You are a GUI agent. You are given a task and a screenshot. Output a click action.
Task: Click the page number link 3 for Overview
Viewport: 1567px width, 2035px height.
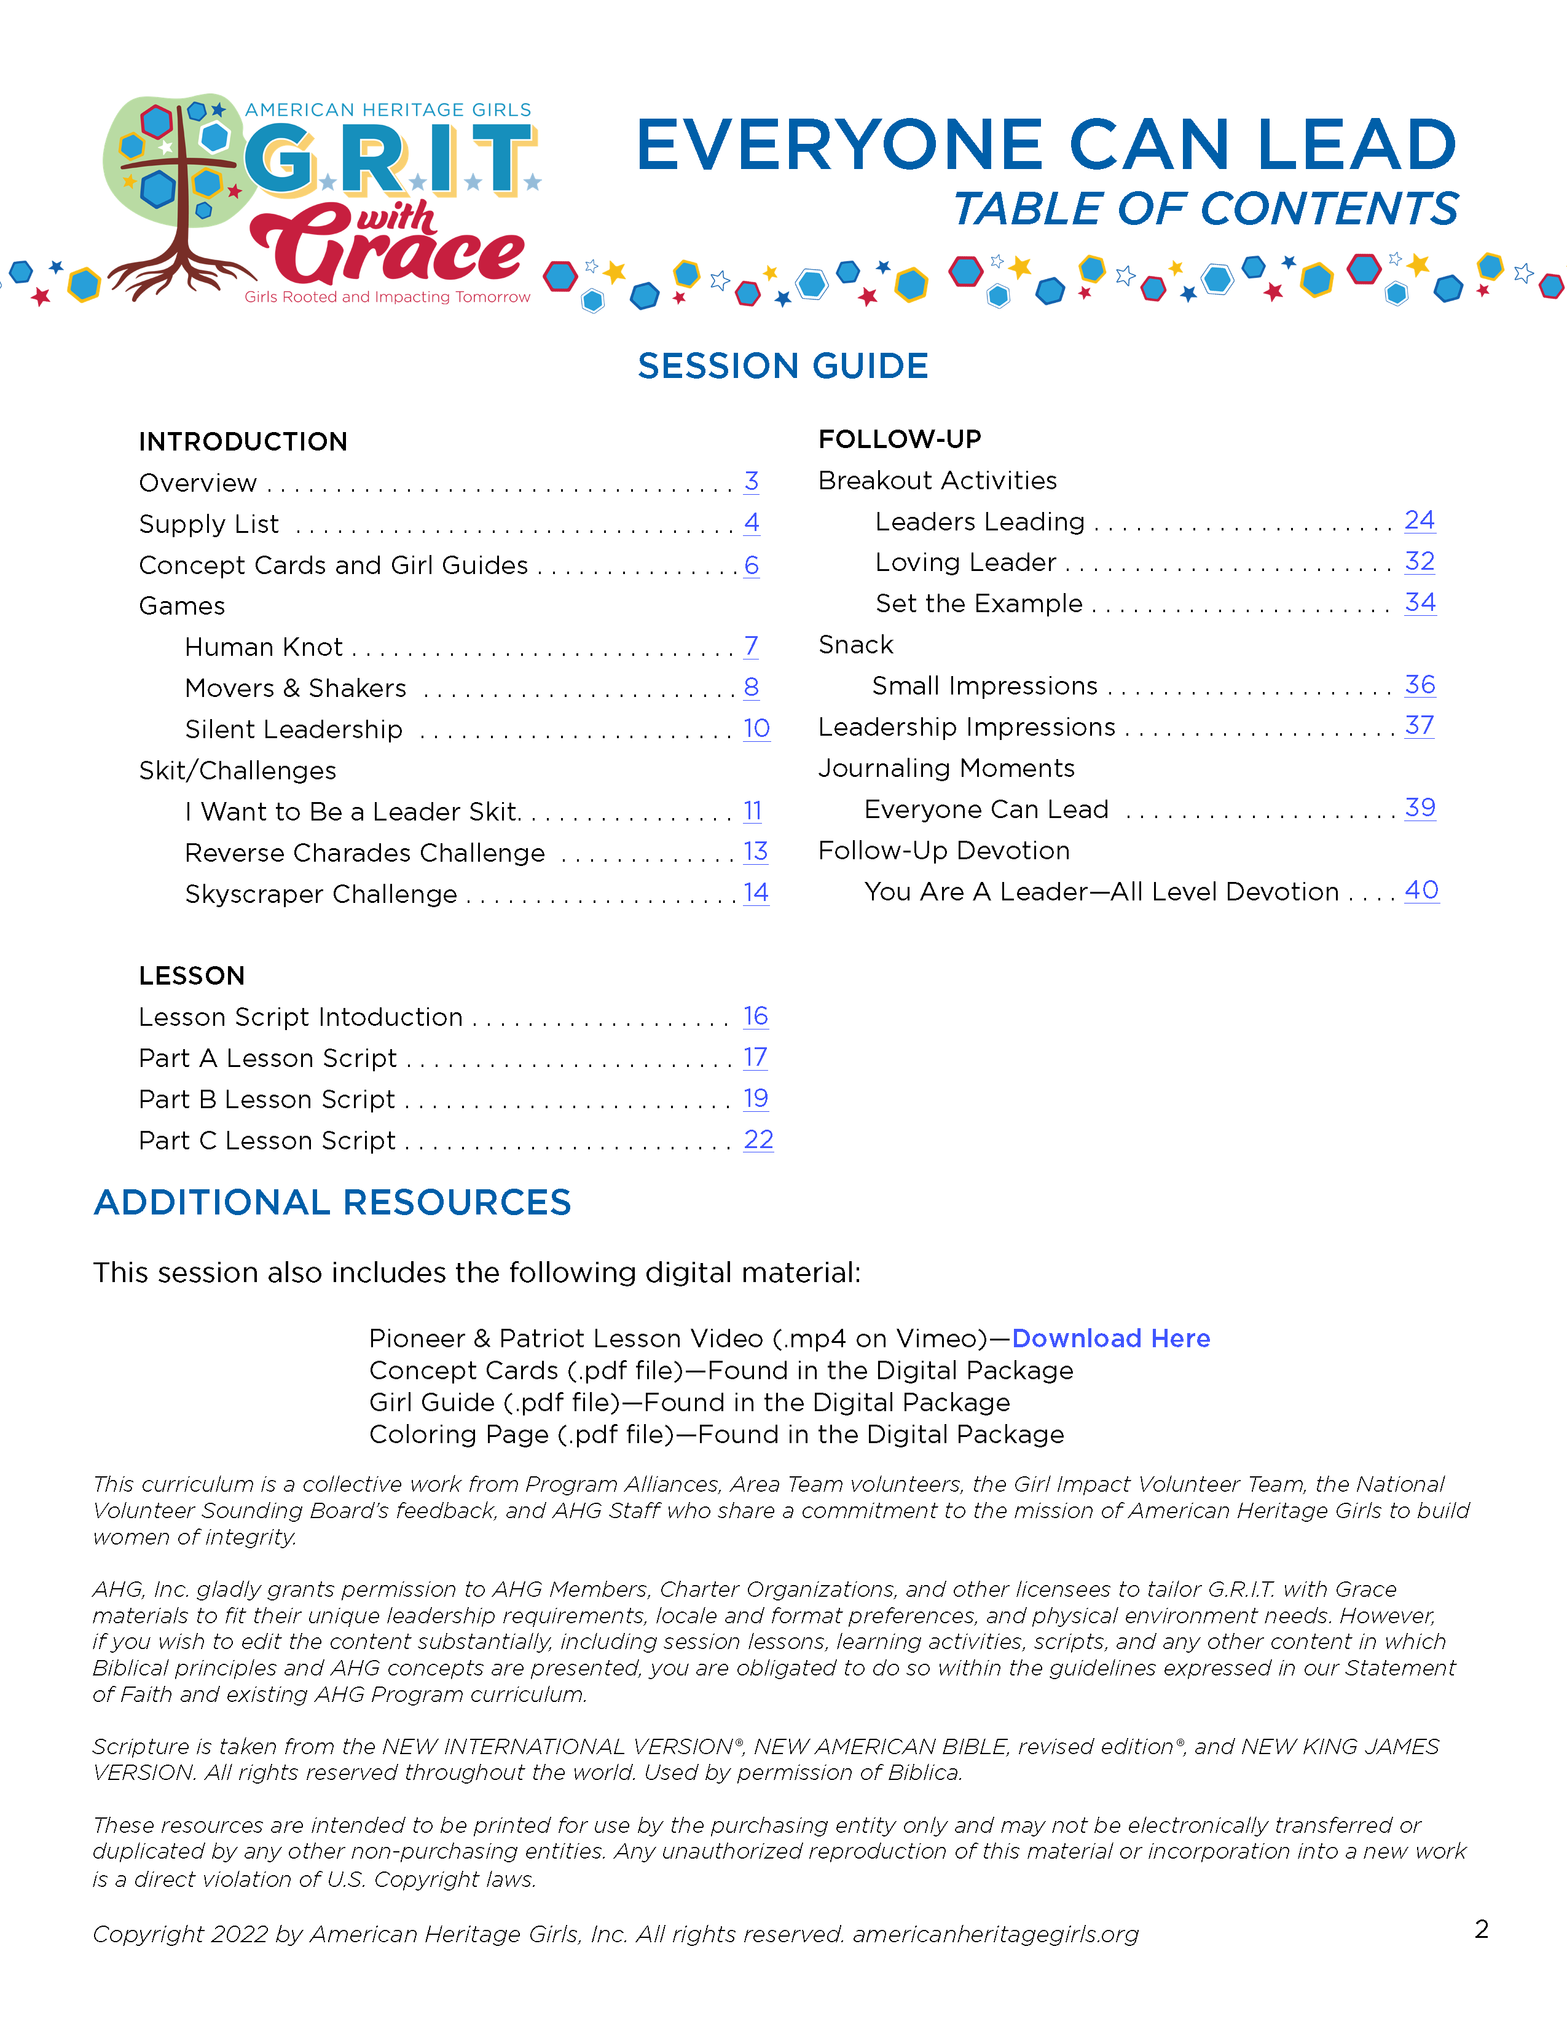coord(751,482)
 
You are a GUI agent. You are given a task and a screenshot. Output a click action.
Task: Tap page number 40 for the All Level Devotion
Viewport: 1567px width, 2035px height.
coord(1421,891)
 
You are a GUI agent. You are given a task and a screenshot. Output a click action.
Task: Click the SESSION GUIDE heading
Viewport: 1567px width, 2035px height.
coord(782,366)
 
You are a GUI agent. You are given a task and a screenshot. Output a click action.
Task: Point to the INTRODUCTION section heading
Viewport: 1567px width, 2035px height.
coord(243,442)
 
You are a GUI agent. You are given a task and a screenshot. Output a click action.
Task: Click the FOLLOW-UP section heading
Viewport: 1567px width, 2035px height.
coord(899,439)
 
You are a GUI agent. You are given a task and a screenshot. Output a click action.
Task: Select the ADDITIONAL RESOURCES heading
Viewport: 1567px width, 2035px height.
coord(332,1203)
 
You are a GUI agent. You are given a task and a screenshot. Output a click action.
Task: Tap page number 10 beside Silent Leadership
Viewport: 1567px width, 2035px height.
coord(756,729)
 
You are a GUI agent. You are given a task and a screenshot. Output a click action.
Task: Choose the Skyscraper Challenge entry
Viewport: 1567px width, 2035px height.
coord(321,894)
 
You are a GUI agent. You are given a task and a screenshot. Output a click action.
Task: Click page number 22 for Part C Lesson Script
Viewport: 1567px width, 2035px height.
coord(758,1141)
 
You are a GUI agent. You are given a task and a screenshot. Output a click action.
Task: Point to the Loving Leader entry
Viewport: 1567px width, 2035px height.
coord(965,563)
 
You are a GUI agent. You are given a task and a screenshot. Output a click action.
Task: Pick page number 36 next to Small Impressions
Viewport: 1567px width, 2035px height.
coord(1419,686)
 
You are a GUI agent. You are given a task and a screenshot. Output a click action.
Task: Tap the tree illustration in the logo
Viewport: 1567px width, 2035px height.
coord(177,195)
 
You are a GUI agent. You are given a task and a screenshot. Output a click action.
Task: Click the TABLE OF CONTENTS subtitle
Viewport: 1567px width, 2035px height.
coord(1206,209)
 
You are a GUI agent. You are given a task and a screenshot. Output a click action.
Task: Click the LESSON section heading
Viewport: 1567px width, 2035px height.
coord(192,975)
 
